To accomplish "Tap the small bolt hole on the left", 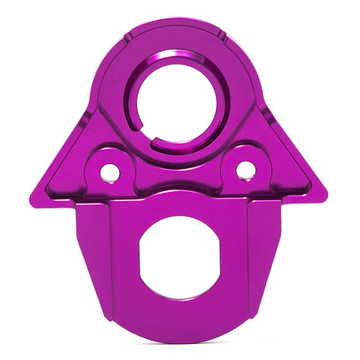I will pos(110,172).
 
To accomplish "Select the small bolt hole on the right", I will pos(245,170).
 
